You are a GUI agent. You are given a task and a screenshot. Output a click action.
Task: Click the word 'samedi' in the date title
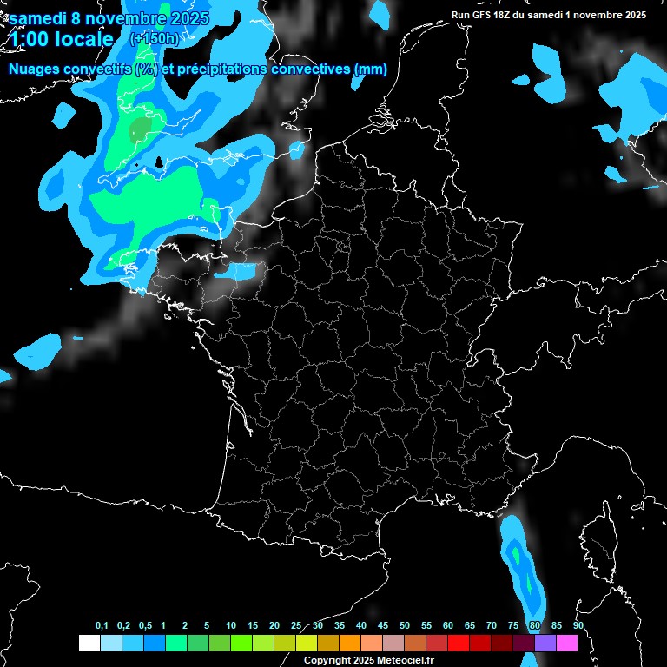pyautogui.click(x=40, y=18)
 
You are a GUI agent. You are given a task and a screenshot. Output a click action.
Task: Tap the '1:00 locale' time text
pyautogui.click(x=61, y=39)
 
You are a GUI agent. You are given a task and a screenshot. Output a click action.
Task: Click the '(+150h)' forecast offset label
pyautogui.click(x=154, y=39)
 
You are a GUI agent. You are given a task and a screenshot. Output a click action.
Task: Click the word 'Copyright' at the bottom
pyautogui.click(x=327, y=660)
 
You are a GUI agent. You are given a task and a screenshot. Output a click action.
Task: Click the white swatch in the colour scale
pyautogui.click(x=89, y=643)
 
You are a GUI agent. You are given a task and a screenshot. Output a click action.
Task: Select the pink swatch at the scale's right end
pyautogui.click(x=567, y=643)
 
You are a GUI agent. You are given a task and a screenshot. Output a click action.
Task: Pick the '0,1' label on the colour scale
pyautogui.click(x=102, y=626)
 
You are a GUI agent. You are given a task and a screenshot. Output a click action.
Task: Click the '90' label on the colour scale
pyautogui.click(x=578, y=626)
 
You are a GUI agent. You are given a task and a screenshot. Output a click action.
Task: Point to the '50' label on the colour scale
pyautogui.click(x=405, y=626)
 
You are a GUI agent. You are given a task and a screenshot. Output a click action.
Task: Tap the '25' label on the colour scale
pyautogui.click(x=296, y=626)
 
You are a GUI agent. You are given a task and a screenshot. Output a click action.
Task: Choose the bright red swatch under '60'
pyautogui.click(x=459, y=643)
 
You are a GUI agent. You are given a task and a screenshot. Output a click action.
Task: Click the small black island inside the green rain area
pyautogui.click(x=160, y=162)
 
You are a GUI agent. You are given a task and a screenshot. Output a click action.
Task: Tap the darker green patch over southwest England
pyautogui.click(x=139, y=130)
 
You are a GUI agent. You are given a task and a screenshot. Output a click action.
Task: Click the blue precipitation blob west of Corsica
pyautogui.click(x=521, y=565)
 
